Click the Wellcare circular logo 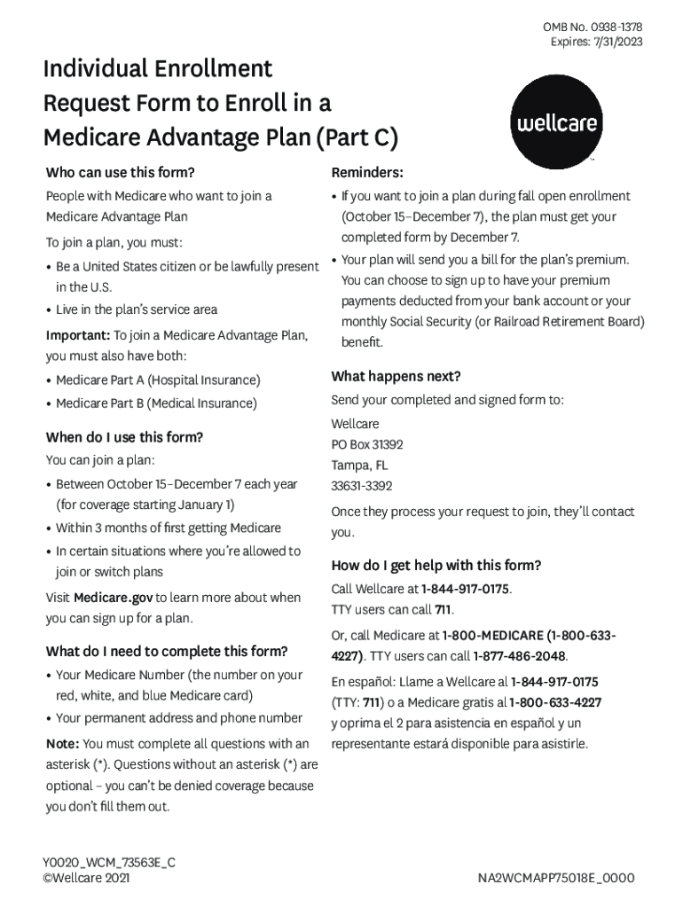pos(555,121)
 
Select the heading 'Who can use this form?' pos(120,171)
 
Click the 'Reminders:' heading pos(367,171)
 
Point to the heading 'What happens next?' pos(396,376)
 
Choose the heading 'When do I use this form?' pos(124,437)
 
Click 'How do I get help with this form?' pos(436,566)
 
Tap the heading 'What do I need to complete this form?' pos(167,651)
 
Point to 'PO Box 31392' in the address pos(367,444)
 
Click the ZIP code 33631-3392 pos(362,486)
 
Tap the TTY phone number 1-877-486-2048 pos(520,656)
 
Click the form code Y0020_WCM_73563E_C pos(109,862)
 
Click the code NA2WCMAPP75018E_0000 pos(556,878)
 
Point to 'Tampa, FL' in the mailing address pos(359,466)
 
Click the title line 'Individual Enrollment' pos(158,69)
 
